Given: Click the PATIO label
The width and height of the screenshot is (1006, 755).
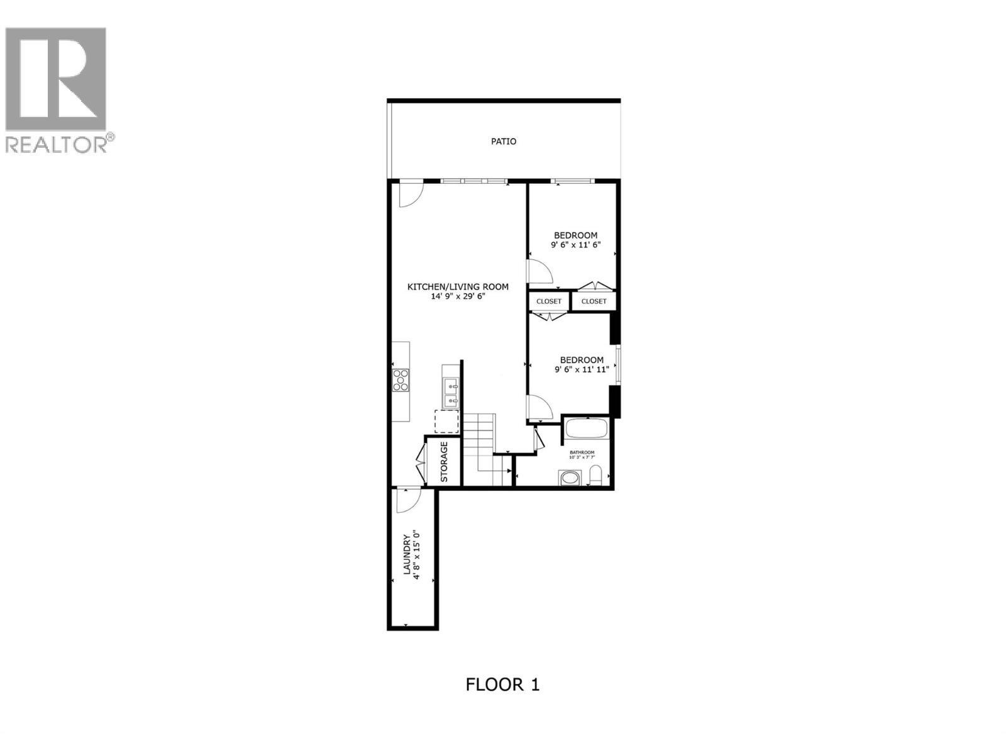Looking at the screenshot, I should [x=504, y=142].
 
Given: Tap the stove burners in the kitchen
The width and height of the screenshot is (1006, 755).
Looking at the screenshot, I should [x=400, y=380].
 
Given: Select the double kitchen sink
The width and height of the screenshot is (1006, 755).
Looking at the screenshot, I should [x=451, y=393].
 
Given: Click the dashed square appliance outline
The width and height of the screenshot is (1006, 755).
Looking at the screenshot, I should [x=446, y=421].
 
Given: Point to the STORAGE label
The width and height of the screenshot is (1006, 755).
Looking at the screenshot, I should [x=444, y=462].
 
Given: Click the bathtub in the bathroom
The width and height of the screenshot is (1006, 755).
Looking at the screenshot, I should [x=586, y=430].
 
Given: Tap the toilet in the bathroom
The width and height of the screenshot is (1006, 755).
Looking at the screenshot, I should [x=596, y=476].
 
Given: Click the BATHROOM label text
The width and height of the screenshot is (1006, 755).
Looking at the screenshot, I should [x=582, y=452].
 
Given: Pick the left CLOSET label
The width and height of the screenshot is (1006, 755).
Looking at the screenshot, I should [x=549, y=301].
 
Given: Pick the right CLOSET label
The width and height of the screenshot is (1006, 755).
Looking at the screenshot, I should [x=594, y=301].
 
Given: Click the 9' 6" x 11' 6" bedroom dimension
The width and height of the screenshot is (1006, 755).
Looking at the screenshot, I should [x=575, y=245].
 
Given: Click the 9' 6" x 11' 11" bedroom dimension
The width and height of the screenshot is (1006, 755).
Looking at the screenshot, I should [x=582, y=370].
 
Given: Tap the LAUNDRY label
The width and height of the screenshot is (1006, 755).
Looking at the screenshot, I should [x=407, y=554].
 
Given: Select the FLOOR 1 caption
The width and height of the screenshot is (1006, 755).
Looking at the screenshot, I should [x=502, y=685].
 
